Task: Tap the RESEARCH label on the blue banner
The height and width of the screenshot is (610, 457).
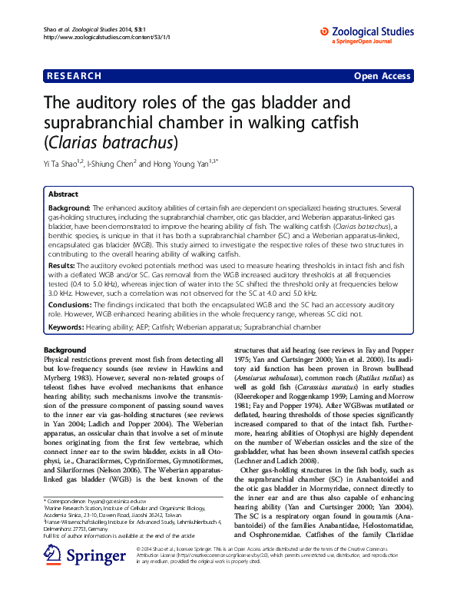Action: point(74,76)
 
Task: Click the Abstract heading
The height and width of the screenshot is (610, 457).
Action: point(64,195)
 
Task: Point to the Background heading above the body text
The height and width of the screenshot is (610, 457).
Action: point(67,350)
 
